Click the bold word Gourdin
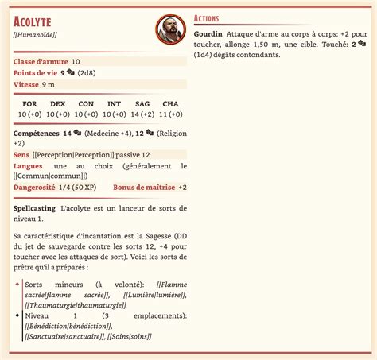click(x=208, y=35)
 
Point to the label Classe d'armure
click(x=41, y=61)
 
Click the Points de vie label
click(x=36, y=72)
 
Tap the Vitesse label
click(x=26, y=84)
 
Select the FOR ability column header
click(x=30, y=104)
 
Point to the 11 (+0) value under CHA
click(x=170, y=114)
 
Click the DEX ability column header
click(x=57, y=104)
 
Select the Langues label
click(x=29, y=166)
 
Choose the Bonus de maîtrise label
click(x=144, y=187)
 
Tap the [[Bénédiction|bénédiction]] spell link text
click(x=68, y=326)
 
